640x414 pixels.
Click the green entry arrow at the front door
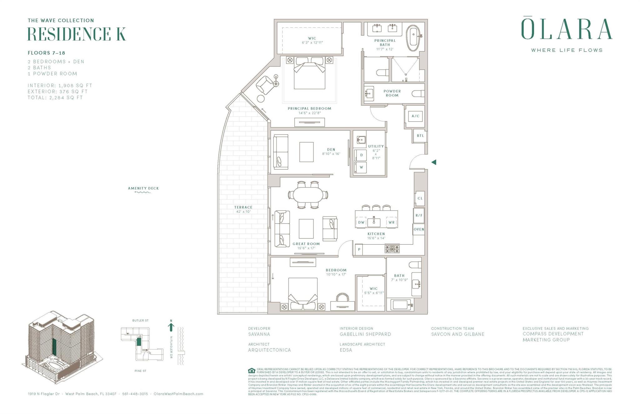point(434,162)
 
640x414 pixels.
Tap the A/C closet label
point(415,116)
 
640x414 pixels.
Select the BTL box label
point(420,136)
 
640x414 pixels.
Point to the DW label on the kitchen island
point(361,222)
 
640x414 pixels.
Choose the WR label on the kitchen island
point(391,222)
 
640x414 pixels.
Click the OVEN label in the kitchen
point(419,229)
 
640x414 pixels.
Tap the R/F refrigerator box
point(419,215)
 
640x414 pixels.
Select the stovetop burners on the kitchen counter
point(392,249)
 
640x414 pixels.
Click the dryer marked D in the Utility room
point(361,155)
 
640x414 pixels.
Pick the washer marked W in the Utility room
point(361,167)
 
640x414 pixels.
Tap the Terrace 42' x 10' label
point(243,209)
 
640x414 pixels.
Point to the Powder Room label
point(392,93)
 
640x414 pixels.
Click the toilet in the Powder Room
point(418,93)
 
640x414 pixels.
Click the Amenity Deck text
point(143,188)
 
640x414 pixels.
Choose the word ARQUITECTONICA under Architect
point(269,350)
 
